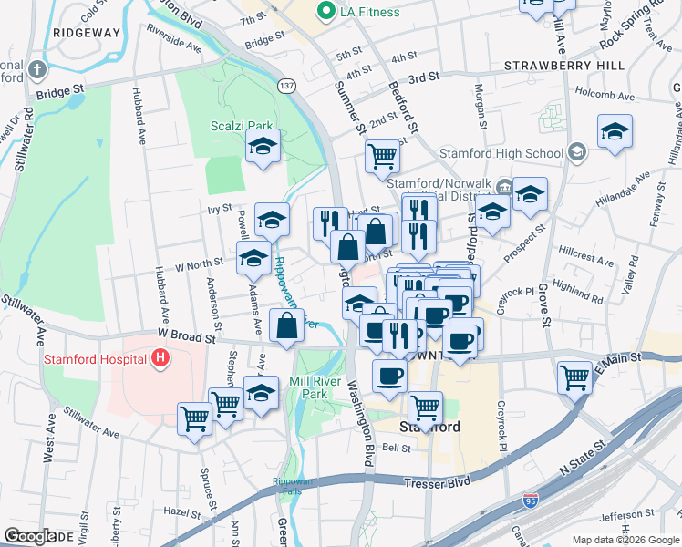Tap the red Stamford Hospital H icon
click(161, 357)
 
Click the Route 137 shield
click(286, 86)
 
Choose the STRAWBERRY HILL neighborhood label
click(564, 67)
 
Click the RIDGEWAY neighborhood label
click(87, 32)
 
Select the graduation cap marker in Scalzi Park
click(263, 147)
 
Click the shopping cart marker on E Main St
click(575, 375)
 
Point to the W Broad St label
click(185, 337)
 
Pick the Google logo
click(30, 536)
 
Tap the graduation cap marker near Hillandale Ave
click(615, 130)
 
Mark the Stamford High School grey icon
click(576, 150)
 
